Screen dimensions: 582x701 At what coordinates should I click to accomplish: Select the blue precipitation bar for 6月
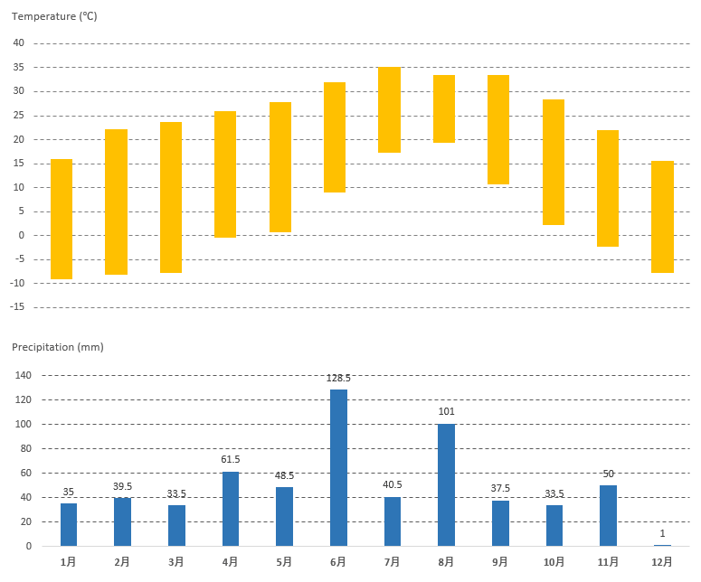(338, 467)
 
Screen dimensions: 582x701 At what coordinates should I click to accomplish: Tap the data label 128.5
(338, 378)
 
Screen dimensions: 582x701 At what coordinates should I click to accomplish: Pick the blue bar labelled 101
(447, 484)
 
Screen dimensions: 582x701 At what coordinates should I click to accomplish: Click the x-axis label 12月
(662, 562)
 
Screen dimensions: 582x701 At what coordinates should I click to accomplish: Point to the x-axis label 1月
(69, 562)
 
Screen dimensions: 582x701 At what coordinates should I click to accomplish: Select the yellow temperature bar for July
(389, 109)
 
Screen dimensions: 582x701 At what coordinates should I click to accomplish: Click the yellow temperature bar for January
(62, 219)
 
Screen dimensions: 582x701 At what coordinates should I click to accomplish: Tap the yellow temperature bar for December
(662, 216)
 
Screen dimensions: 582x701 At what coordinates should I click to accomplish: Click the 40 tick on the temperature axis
(18, 43)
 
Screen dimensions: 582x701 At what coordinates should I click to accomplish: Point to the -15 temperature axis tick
(16, 307)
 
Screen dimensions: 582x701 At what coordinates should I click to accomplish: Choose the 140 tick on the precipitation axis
(22, 376)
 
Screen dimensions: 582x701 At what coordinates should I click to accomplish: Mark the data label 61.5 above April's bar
(231, 459)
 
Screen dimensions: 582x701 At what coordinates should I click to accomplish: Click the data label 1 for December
(662, 533)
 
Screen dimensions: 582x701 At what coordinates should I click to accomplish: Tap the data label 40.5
(393, 484)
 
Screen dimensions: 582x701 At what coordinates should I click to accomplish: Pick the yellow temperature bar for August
(444, 108)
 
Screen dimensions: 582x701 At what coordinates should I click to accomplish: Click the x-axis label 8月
(447, 562)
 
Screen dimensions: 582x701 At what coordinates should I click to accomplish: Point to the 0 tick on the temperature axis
(21, 235)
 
